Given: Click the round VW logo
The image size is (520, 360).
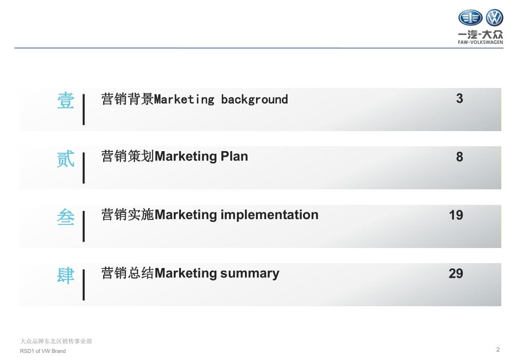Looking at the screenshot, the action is [495, 18].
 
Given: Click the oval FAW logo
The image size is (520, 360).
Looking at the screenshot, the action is [470, 18].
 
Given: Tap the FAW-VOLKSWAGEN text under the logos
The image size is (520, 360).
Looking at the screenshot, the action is [480, 42].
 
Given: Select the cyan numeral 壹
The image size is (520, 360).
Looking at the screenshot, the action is [66, 100].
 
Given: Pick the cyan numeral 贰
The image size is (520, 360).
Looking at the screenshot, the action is [66, 159].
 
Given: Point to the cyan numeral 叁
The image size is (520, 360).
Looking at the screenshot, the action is [66, 217].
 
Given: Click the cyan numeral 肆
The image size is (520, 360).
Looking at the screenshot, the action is [66, 276].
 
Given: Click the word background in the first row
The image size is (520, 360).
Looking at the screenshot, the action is [254, 100].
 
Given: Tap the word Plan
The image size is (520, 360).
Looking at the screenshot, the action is [234, 156].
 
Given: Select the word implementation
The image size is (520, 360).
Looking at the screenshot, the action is [269, 215].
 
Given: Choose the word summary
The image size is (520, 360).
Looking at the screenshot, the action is [250, 274].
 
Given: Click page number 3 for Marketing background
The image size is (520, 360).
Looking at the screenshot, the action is [459, 99].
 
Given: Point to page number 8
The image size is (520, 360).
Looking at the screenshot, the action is [459, 157].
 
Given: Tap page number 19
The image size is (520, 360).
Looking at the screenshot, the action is [456, 215].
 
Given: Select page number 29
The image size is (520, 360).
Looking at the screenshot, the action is [456, 273].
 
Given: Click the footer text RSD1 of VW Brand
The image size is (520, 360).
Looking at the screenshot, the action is [43, 351].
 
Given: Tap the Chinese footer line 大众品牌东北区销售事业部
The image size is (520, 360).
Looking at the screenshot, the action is [56, 341].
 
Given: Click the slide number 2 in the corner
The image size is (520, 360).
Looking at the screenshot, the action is [498, 349].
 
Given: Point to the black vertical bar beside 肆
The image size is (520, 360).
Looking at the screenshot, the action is [84, 285].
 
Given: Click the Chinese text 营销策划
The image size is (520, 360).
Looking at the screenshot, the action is [128, 156].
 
